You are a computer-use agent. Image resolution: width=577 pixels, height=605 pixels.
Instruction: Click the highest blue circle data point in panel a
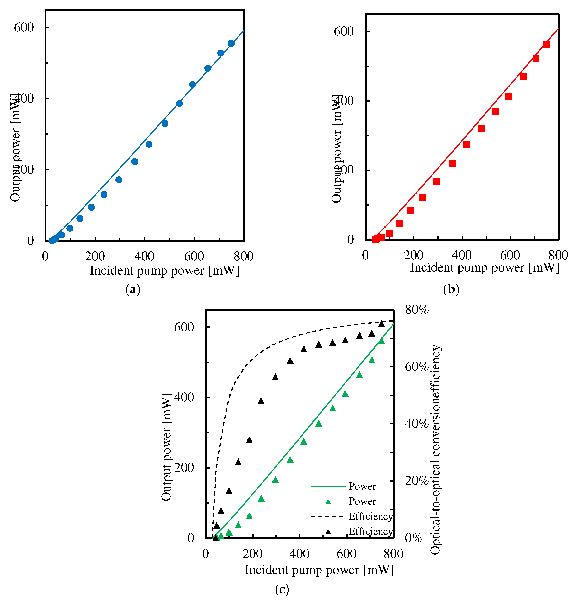pos(231,44)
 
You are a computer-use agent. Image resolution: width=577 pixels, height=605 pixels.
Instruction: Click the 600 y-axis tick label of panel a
pos(24,27)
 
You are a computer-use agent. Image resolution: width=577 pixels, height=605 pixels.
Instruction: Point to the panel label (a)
pos(133,290)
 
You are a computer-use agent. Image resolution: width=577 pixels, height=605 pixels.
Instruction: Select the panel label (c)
pos(282,589)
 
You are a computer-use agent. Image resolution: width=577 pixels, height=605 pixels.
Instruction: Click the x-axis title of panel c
pos(319,570)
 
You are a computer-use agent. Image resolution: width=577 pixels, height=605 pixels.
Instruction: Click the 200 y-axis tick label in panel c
pos(184,468)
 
